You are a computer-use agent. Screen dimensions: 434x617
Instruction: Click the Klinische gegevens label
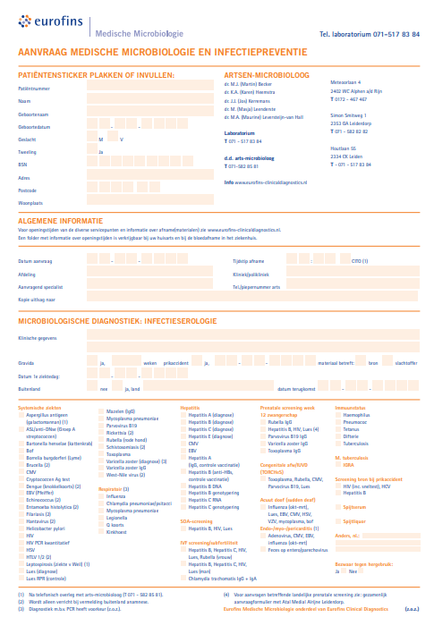38,339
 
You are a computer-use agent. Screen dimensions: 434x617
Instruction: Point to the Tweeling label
27,152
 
